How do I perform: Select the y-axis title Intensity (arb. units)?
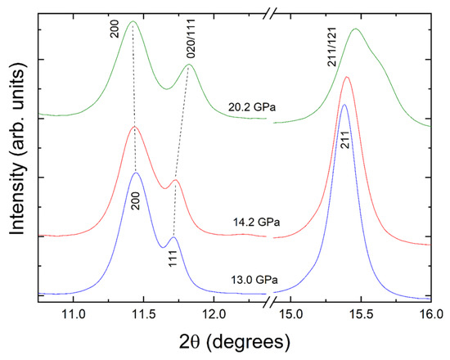coord(18,153)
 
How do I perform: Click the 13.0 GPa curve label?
coord(254,280)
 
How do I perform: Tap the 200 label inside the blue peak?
coord(136,201)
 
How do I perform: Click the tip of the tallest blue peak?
coord(344,105)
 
